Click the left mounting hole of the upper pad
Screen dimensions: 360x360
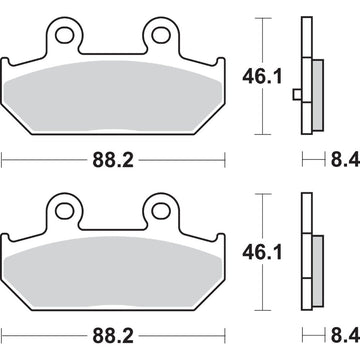pos(66,38)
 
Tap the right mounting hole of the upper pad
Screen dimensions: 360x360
pos(157,38)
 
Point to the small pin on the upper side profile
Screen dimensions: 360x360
pos(297,96)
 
